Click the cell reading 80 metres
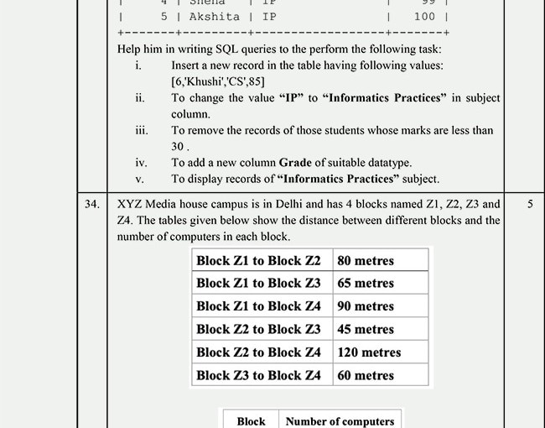coord(365,260)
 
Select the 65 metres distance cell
coord(365,284)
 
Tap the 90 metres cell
coord(365,306)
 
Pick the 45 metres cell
coord(365,329)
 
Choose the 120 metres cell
coord(369,352)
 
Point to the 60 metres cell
coord(365,375)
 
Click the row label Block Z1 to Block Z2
coord(258,260)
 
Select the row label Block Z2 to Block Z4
coord(258,352)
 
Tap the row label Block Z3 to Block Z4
coord(258,375)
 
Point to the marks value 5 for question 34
coord(529,204)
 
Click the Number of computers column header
coord(340,421)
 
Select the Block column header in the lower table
coord(251,421)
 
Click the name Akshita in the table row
coord(214,16)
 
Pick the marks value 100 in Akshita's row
coord(424,16)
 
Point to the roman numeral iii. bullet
coord(141,130)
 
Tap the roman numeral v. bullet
coord(139,179)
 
